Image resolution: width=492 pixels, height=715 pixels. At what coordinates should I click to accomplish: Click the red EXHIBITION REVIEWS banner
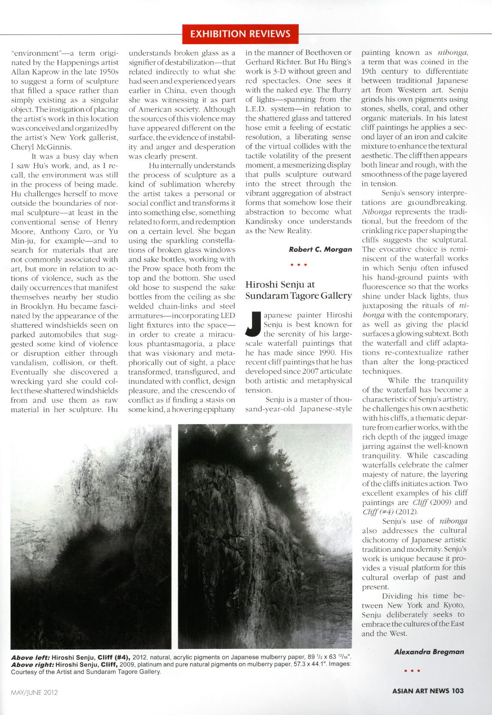[x=240, y=34]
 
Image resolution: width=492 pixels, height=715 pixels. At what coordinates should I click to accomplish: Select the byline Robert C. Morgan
[x=320, y=249]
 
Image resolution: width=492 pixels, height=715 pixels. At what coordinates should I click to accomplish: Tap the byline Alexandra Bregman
[x=429, y=652]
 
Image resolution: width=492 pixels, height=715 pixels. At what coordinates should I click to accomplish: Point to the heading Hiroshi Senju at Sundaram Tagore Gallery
[x=298, y=290]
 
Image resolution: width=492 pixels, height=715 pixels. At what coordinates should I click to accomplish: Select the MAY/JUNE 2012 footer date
[x=34, y=692]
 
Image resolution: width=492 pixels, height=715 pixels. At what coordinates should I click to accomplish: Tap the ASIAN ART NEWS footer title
[x=420, y=691]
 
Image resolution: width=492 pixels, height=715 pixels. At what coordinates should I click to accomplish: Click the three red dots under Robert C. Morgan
[x=299, y=265]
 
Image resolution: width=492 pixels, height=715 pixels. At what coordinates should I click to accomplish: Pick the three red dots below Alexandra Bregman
[x=412, y=671]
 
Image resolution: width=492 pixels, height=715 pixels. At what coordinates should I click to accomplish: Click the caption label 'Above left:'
[x=30, y=657]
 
